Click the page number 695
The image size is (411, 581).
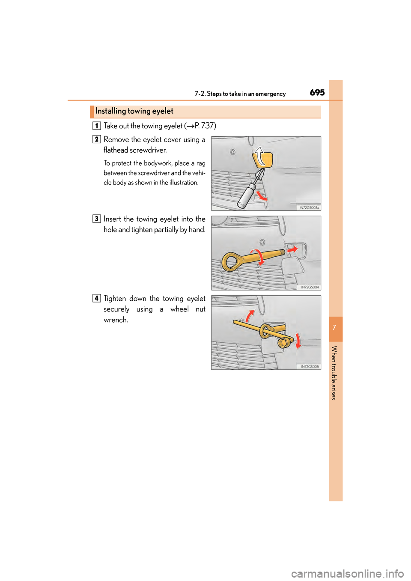[317, 92]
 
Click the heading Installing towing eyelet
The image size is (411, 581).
[134, 111]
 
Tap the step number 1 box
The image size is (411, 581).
[97, 126]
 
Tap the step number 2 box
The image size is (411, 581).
[97, 139]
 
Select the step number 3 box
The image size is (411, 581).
[97, 219]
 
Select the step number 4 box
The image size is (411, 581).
[97, 299]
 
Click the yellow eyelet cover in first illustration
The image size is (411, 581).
[263, 159]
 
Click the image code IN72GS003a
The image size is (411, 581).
[309, 207]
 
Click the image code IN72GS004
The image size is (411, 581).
[310, 287]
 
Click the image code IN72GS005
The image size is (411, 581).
[310, 367]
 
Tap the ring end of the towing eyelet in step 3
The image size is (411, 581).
[231, 262]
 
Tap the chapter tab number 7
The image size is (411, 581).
[335, 328]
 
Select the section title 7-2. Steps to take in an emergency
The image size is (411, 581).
[240, 94]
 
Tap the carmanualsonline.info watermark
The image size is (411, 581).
[347, 573]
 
